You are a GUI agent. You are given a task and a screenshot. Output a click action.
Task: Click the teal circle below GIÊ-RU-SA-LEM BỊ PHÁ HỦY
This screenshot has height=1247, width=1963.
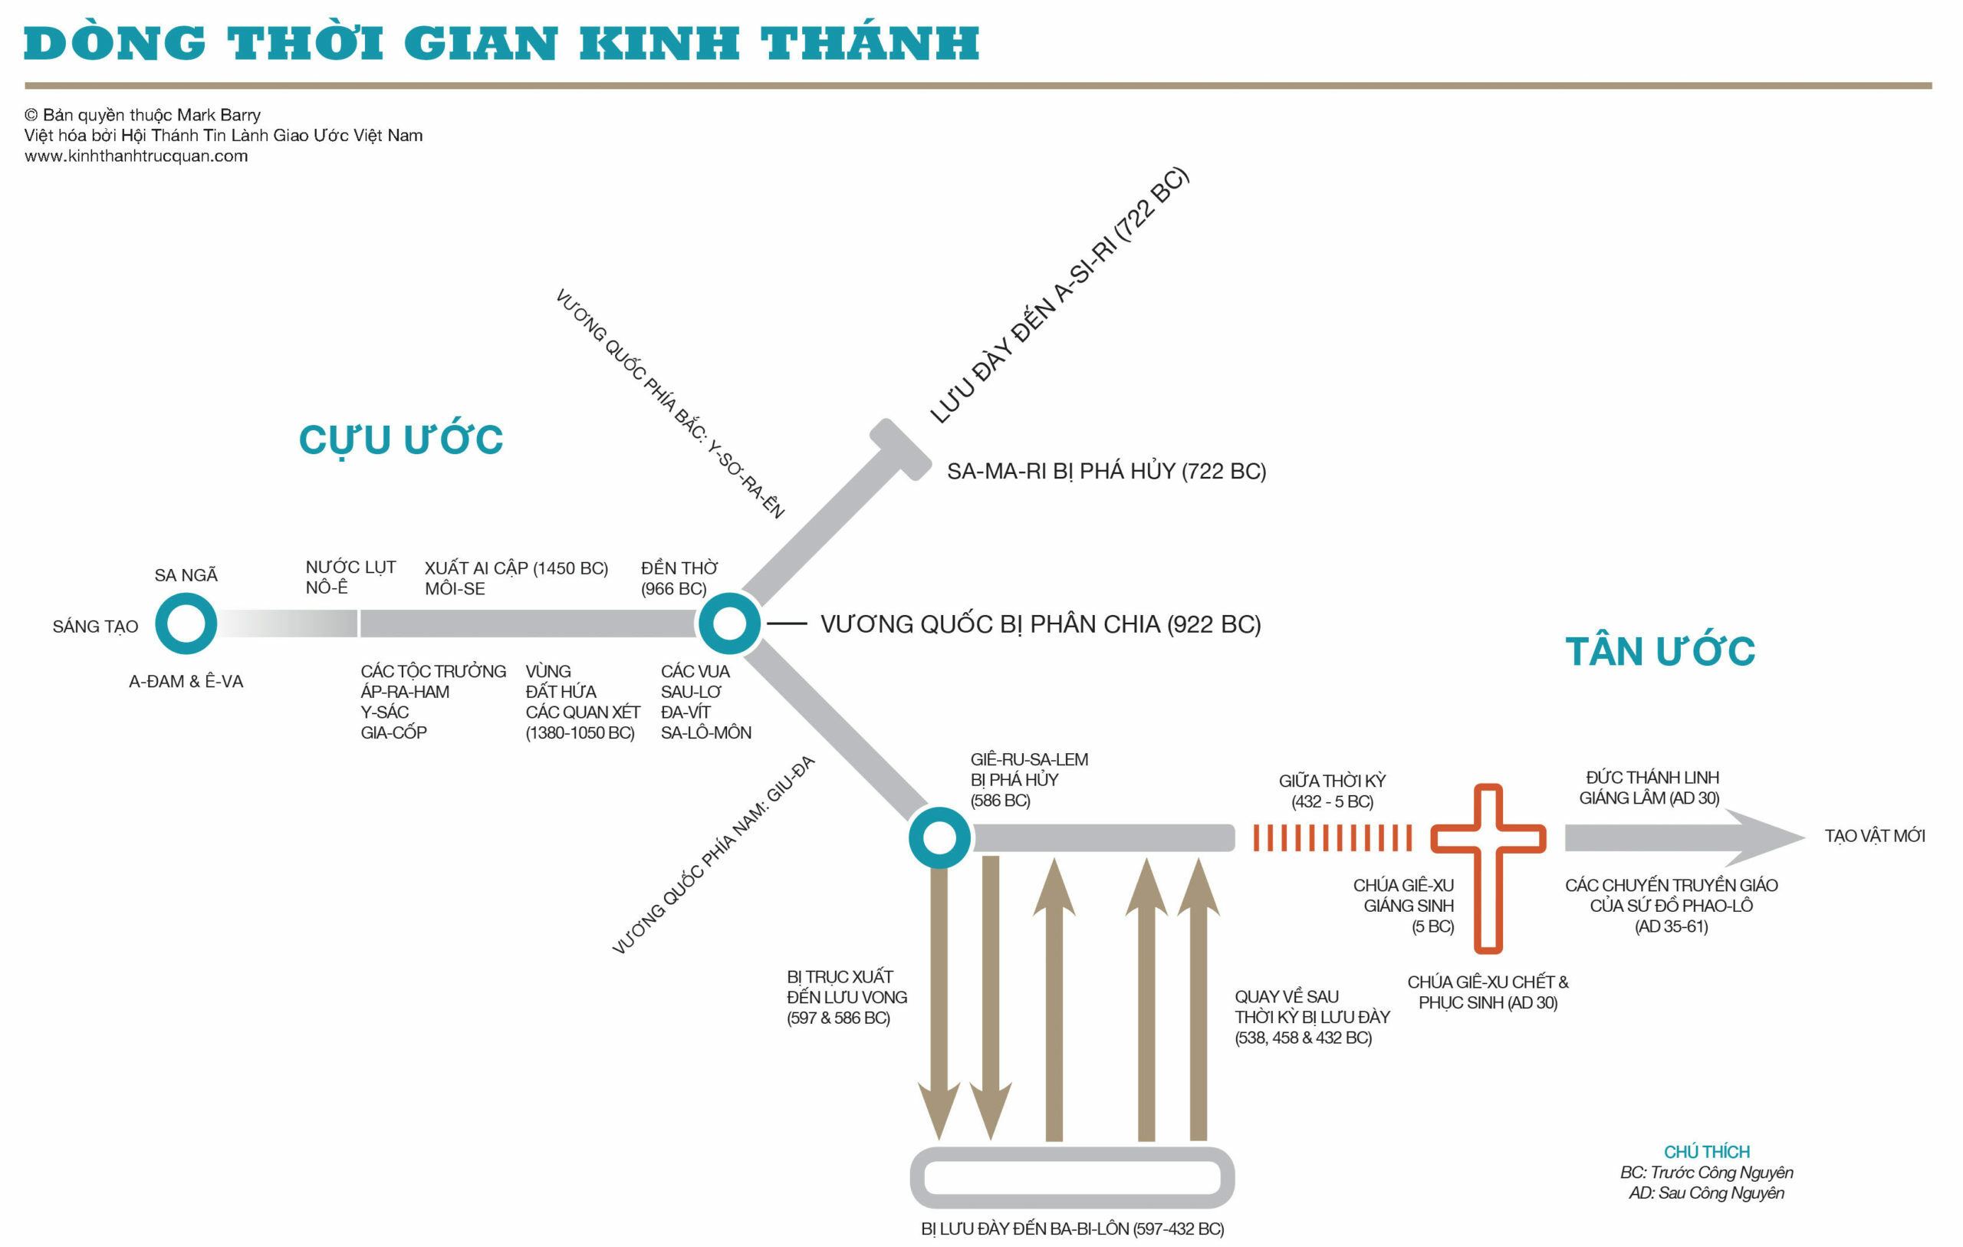pyautogui.click(x=939, y=837)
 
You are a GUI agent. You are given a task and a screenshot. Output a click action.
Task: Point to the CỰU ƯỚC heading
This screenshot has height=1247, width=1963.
pyautogui.click(x=400, y=439)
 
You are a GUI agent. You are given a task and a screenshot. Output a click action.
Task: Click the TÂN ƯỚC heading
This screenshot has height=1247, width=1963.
pyautogui.click(x=1660, y=651)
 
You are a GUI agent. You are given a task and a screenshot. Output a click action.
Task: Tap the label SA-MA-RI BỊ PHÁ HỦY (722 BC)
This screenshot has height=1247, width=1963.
pyautogui.click(x=1106, y=472)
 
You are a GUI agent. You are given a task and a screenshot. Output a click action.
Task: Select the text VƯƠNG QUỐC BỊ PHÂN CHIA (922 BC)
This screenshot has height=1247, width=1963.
pyautogui.click(x=1041, y=624)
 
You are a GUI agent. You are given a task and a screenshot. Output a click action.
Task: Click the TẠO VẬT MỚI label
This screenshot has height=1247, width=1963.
pyautogui.click(x=1874, y=836)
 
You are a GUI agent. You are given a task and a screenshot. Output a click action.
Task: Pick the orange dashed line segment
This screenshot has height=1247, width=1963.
pyautogui.click(x=1332, y=837)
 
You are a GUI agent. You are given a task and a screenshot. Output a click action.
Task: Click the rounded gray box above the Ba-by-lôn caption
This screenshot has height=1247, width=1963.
pyautogui.click(x=1072, y=1177)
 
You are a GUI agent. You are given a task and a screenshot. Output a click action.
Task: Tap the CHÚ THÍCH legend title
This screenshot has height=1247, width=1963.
pyautogui.click(x=1706, y=1152)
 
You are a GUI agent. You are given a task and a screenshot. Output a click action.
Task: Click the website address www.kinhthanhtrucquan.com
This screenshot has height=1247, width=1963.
pyautogui.click(x=136, y=156)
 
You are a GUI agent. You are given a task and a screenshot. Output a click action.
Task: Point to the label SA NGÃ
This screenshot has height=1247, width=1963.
pyautogui.click(x=186, y=575)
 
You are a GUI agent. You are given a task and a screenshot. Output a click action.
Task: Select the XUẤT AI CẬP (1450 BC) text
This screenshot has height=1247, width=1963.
pyautogui.click(x=516, y=568)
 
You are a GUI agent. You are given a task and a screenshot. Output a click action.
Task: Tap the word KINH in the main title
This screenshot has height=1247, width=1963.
pyautogui.click(x=659, y=43)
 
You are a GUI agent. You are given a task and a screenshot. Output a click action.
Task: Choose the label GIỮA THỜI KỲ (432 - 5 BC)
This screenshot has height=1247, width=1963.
pyautogui.click(x=1332, y=791)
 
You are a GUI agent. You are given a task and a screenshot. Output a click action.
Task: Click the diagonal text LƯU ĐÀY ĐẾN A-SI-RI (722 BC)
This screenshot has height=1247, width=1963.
pyautogui.click(x=1060, y=295)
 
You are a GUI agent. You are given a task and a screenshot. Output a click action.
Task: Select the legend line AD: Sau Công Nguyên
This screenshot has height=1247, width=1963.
pyautogui.click(x=1706, y=1193)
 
